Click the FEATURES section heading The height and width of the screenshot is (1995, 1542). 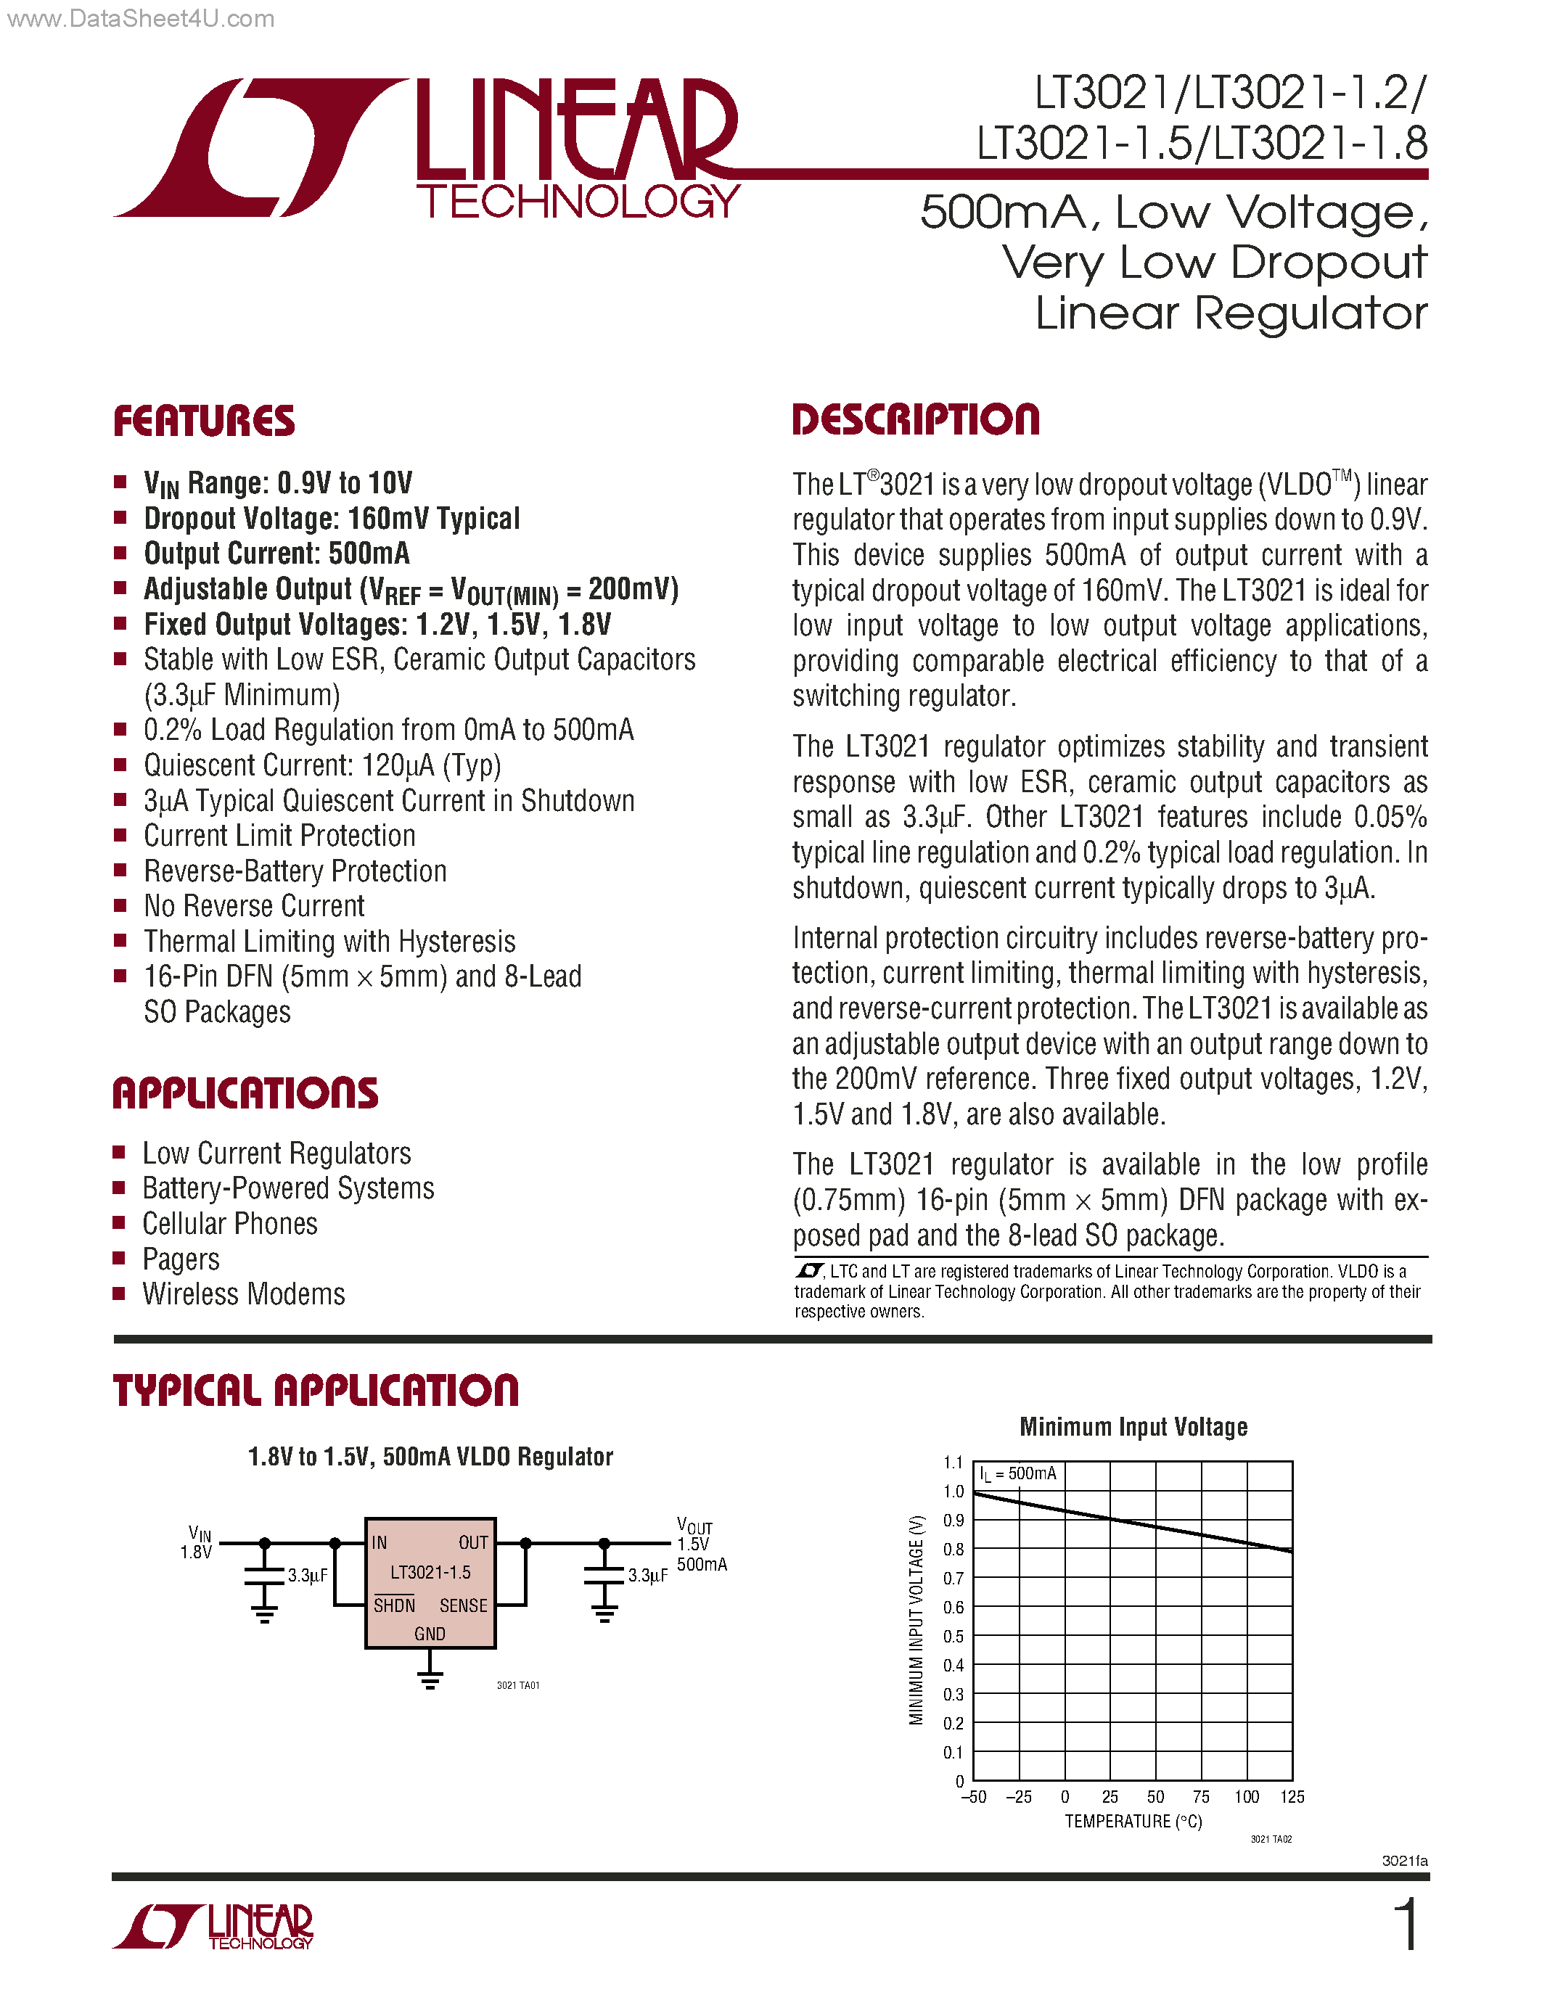[x=204, y=421]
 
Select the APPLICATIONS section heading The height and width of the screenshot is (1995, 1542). [x=245, y=1093]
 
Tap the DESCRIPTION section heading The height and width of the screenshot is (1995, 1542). [x=915, y=420]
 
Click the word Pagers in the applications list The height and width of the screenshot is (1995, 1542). [x=181, y=1259]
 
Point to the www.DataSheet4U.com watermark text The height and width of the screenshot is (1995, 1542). [x=141, y=18]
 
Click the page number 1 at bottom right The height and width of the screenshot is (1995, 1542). [x=1408, y=1925]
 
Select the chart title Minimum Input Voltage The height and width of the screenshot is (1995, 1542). [x=1133, y=1427]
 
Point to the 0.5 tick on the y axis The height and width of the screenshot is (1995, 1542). [x=953, y=1636]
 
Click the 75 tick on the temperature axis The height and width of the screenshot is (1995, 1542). [x=1200, y=1797]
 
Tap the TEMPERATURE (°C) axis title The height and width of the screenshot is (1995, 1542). [x=1133, y=1822]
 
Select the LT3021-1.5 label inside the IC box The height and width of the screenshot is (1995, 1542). [x=430, y=1572]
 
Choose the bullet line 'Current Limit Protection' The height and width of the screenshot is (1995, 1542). [x=279, y=836]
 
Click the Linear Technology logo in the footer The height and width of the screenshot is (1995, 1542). [x=214, y=1927]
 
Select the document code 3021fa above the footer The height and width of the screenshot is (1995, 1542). [x=1404, y=1861]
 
